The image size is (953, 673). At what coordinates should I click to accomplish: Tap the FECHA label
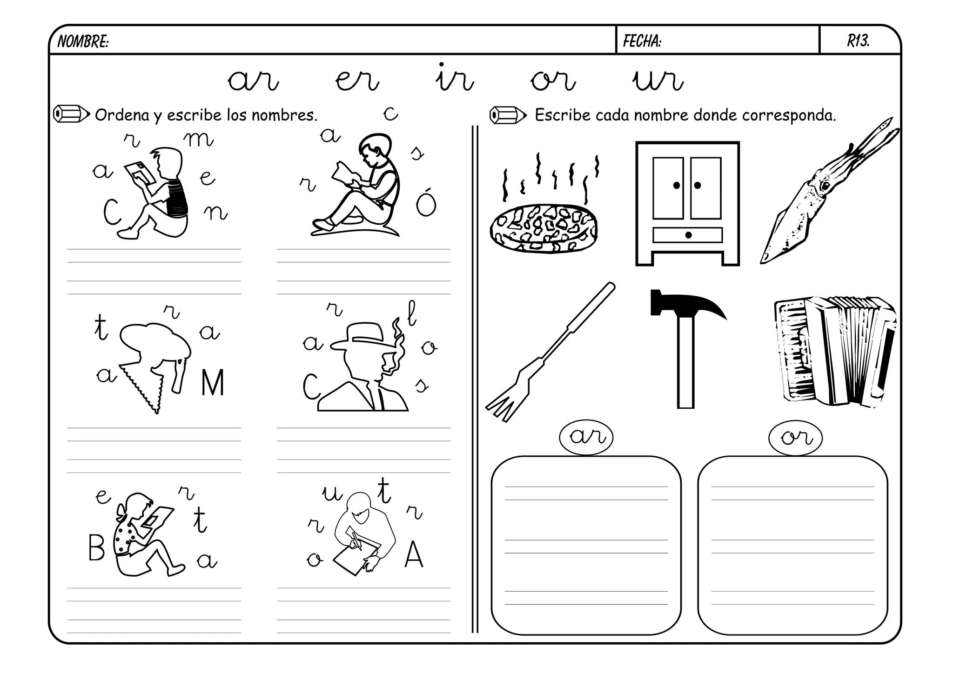point(642,42)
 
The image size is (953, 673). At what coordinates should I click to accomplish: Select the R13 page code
point(858,41)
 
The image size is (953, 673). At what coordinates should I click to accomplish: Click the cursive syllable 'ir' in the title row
point(454,78)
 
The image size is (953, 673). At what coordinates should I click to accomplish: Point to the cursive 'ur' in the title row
point(658,81)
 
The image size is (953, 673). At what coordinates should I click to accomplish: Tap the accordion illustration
point(835,352)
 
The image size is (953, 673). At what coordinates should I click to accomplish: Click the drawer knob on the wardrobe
point(688,235)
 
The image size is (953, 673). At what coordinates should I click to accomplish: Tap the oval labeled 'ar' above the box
point(586,437)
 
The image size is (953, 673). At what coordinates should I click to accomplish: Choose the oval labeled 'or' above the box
point(795,438)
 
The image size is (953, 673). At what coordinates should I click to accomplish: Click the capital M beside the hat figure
point(213,383)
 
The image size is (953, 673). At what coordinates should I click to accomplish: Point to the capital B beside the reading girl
point(96,548)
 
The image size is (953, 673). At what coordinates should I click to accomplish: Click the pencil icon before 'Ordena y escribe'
point(71,114)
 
